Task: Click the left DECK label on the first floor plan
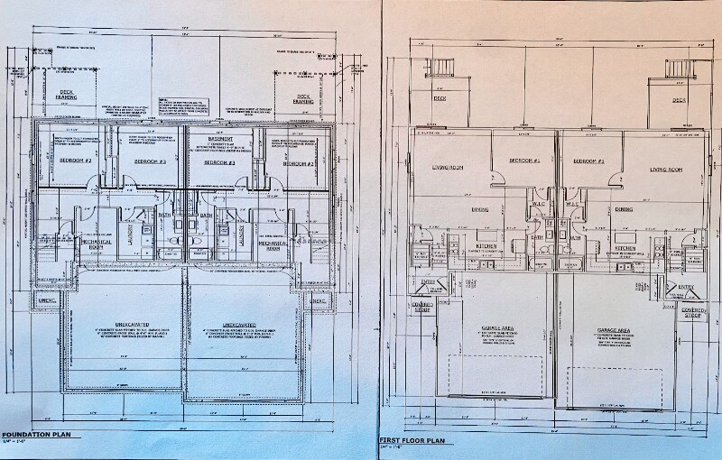click(x=440, y=98)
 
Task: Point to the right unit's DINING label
click(x=623, y=209)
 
